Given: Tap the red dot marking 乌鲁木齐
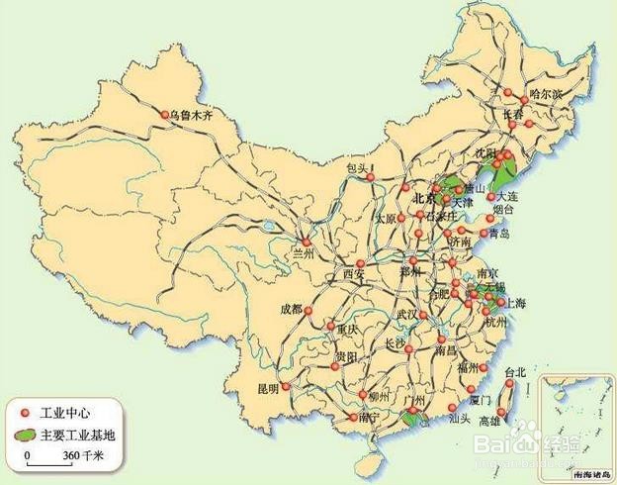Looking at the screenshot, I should point(165,115).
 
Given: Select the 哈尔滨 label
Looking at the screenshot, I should point(545,93).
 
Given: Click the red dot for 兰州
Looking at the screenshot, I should point(307,242).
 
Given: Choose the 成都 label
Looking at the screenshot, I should point(292,308).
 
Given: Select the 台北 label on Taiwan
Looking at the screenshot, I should point(517,372).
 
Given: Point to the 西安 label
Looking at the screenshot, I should point(355,274).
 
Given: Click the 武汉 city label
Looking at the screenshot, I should point(407,314).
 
